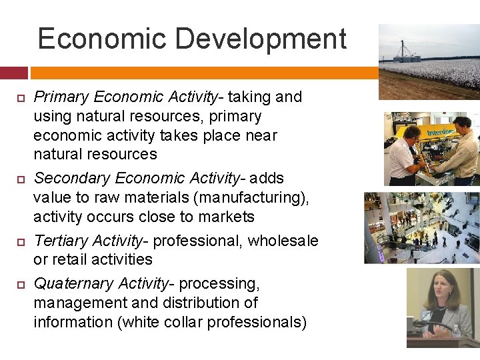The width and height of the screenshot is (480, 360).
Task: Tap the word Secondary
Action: (72, 179)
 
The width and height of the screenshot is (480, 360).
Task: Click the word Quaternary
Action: (73, 284)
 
